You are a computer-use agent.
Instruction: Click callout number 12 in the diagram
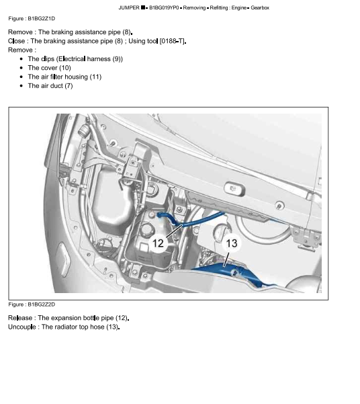pyautogui.click(x=158, y=243)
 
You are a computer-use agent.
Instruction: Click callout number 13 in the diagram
pyautogui.click(x=232, y=243)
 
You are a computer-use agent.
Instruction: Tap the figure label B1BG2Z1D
pyautogui.click(x=42, y=19)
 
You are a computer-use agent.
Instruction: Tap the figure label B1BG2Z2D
pyautogui.click(x=42, y=305)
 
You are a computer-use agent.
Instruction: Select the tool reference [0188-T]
pyautogui.click(x=172, y=41)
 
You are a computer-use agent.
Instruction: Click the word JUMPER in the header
pyautogui.click(x=129, y=7)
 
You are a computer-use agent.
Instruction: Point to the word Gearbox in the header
pyautogui.click(x=260, y=7)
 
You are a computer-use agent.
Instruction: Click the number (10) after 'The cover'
pyautogui.click(x=65, y=68)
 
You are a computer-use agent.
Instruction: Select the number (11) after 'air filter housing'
pyautogui.click(x=95, y=77)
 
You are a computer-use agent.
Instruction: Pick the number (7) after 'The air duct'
pyautogui.click(x=69, y=86)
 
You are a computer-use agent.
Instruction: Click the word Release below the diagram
pyautogui.click(x=20, y=318)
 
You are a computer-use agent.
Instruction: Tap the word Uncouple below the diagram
pyautogui.click(x=22, y=327)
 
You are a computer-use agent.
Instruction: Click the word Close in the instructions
pyautogui.click(x=17, y=41)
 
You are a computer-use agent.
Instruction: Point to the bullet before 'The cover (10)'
pyautogui.click(x=21, y=68)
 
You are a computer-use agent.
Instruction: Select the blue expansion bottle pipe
pyautogui.click(x=185, y=224)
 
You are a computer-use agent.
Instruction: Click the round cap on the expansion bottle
pyautogui.click(x=146, y=229)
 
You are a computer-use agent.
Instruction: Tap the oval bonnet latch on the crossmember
pyautogui.click(x=234, y=189)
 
